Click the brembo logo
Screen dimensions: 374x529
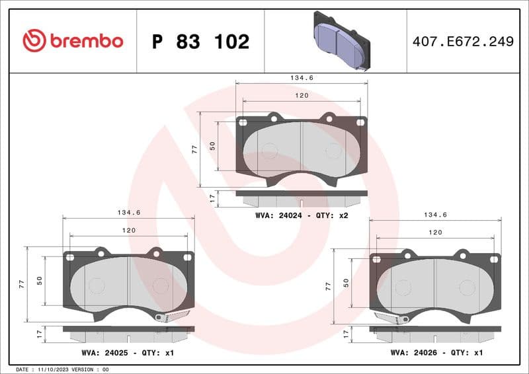73,41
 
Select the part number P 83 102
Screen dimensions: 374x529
200,42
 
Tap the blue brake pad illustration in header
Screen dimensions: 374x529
340,40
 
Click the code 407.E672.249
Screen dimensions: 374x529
462,42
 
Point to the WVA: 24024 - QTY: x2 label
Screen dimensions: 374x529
302,215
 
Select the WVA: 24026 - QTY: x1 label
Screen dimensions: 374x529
436,352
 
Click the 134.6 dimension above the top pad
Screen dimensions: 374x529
302,78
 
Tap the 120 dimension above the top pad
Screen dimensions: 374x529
302,96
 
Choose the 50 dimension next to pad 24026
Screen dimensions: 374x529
346,282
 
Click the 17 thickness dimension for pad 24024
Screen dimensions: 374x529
212,197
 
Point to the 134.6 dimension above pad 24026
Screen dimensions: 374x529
436,215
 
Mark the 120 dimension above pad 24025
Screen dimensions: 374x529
128,230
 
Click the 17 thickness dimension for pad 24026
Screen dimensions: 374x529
346,334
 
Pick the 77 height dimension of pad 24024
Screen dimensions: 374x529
195,149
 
